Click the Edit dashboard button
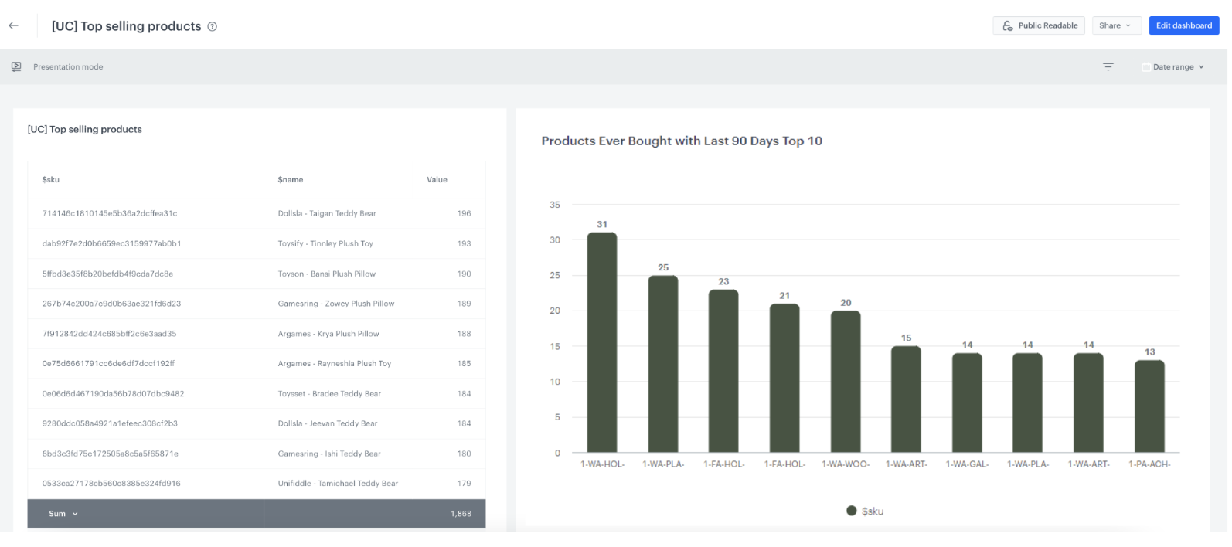tap(1183, 25)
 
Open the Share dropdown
tap(1115, 25)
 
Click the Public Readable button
tap(1039, 25)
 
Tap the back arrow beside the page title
tap(14, 25)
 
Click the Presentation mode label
tap(68, 67)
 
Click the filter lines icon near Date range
tap(1108, 67)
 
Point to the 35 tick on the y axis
tap(555, 205)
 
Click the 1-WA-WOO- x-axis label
tap(846, 464)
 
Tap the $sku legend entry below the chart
tap(865, 511)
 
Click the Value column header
tap(437, 180)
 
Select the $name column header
tap(291, 180)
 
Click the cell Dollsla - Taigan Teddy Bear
tap(327, 214)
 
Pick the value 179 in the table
tap(464, 484)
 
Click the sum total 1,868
tap(461, 514)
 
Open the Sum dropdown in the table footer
tap(63, 514)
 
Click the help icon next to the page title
tap(213, 26)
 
